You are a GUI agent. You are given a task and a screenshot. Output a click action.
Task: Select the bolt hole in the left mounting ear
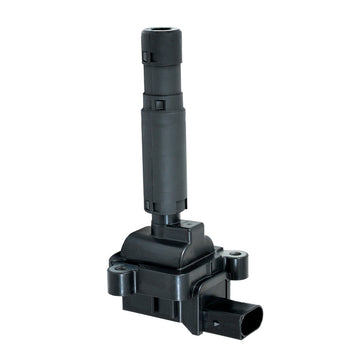tap(119, 267)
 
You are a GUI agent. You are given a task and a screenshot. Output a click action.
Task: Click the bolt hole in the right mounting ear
tap(234, 258)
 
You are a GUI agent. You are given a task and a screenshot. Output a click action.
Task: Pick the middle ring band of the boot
tap(162, 101)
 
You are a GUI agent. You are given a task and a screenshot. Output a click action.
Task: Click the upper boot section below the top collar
tap(161, 75)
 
